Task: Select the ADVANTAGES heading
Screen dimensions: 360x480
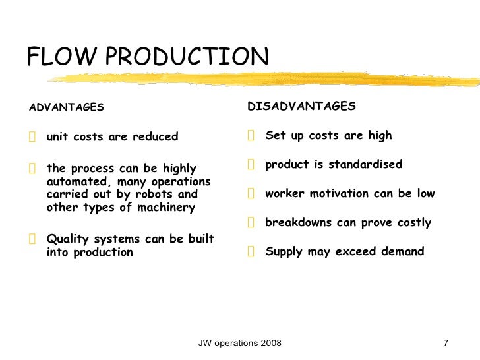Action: pyautogui.click(x=66, y=107)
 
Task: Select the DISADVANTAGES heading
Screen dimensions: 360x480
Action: pyautogui.click(x=301, y=106)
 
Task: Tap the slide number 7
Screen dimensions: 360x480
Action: pyautogui.click(x=446, y=344)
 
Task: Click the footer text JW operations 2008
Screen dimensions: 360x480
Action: pyautogui.click(x=240, y=344)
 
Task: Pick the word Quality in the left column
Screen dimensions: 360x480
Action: pyautogui.click(x=68, y=239)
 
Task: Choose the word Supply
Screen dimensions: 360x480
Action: pyautogui.click(x=284, y=251)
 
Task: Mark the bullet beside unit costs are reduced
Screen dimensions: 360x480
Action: pyautogui.click(x=32, y=137)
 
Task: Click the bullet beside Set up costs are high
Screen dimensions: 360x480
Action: pyautogui.click(x=251, y=136)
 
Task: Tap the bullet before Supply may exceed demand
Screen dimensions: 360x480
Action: pyautogui.click(x=251, y=251)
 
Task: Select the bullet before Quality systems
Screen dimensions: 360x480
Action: pyautogui.click(x=32, y=239)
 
